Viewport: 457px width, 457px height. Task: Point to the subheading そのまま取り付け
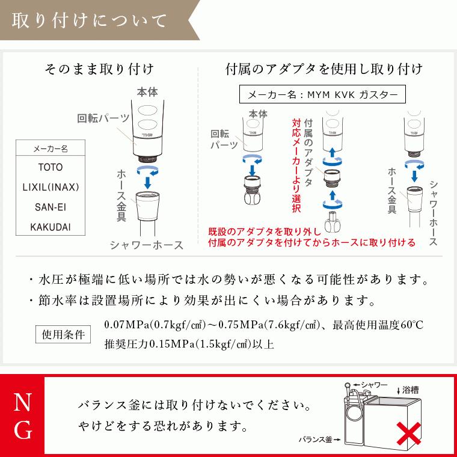click(x=99, y=69)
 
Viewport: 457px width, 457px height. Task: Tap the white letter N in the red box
click(x=22, y=400)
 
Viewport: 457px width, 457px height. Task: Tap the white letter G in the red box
click(x=22, y=430)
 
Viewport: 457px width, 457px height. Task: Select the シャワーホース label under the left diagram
click(x=147, y=245)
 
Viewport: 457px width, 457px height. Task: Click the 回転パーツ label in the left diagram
click(x=100, y=118)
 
